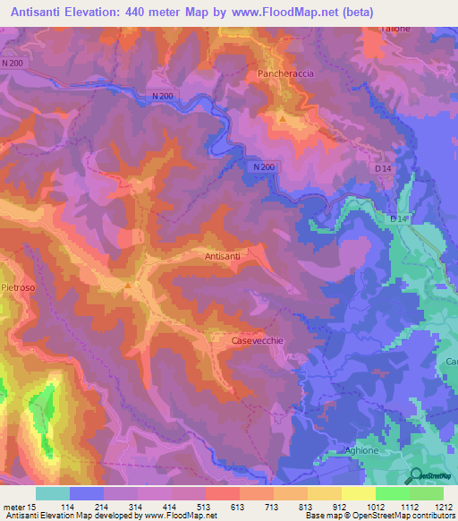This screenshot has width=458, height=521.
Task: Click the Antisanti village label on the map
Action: [x=223, y=256]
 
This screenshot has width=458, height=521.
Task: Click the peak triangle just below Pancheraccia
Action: [x=283, y=118]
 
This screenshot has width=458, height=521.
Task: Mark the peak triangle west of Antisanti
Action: [x=128, y=286]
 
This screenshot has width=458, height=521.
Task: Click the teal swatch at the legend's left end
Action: [x=53, y=493]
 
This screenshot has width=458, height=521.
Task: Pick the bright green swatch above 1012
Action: [x=393, y=493]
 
